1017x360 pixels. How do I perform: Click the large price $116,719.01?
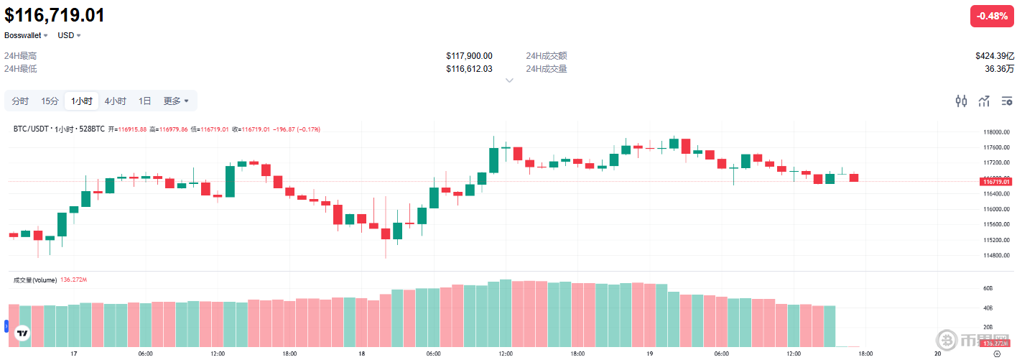point(55,15)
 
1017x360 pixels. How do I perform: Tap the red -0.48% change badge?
point(992,17)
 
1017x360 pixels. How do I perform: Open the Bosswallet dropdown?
point(26,35)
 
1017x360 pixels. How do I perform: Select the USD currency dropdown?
point(69,35)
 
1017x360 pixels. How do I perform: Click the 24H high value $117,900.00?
point(469,56)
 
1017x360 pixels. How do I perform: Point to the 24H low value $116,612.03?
point(469,69)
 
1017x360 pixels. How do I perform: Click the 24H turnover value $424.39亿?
point(994,56)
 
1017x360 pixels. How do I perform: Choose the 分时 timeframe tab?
point(20,101)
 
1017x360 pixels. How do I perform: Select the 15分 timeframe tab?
point(50,101)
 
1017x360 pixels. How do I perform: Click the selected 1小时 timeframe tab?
point(81,101)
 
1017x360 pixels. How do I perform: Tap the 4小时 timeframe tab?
point(115,101)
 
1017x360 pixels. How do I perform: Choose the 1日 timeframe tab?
point(144,101)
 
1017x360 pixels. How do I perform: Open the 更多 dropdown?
point(176,101)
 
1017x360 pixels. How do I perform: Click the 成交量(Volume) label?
point(34,280)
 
